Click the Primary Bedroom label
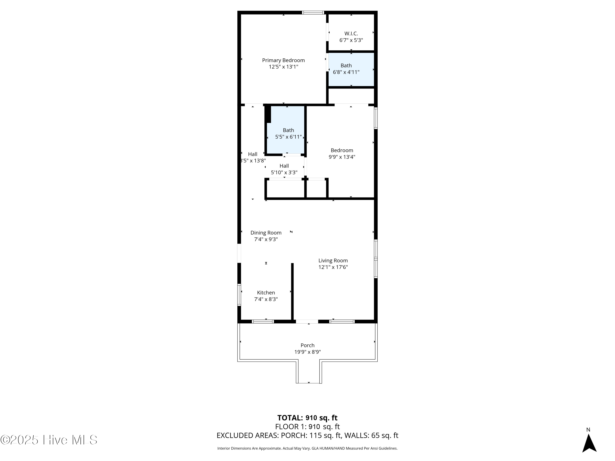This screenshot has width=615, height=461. (x=283, y=60)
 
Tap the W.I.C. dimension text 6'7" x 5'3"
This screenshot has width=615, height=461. (x=351, y=40)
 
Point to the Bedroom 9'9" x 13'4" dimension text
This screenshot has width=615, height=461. (x=342, y=157)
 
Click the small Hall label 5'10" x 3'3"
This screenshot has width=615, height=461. (x=284, y=169)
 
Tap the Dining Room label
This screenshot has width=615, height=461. (x=266, y=233)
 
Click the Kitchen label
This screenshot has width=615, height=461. (x=266, y=293)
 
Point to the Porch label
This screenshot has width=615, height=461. (x=307, y=345)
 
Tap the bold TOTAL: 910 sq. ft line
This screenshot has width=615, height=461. (x=307, y=418)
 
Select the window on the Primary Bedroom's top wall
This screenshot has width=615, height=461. (x=313, y=12)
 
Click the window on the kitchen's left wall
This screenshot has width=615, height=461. (x=239, y=295)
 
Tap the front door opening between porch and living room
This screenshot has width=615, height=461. (x=307, y=321)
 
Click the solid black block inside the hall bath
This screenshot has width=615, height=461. (x=268, y=114)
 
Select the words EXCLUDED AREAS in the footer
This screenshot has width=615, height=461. (x=247, y=435)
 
